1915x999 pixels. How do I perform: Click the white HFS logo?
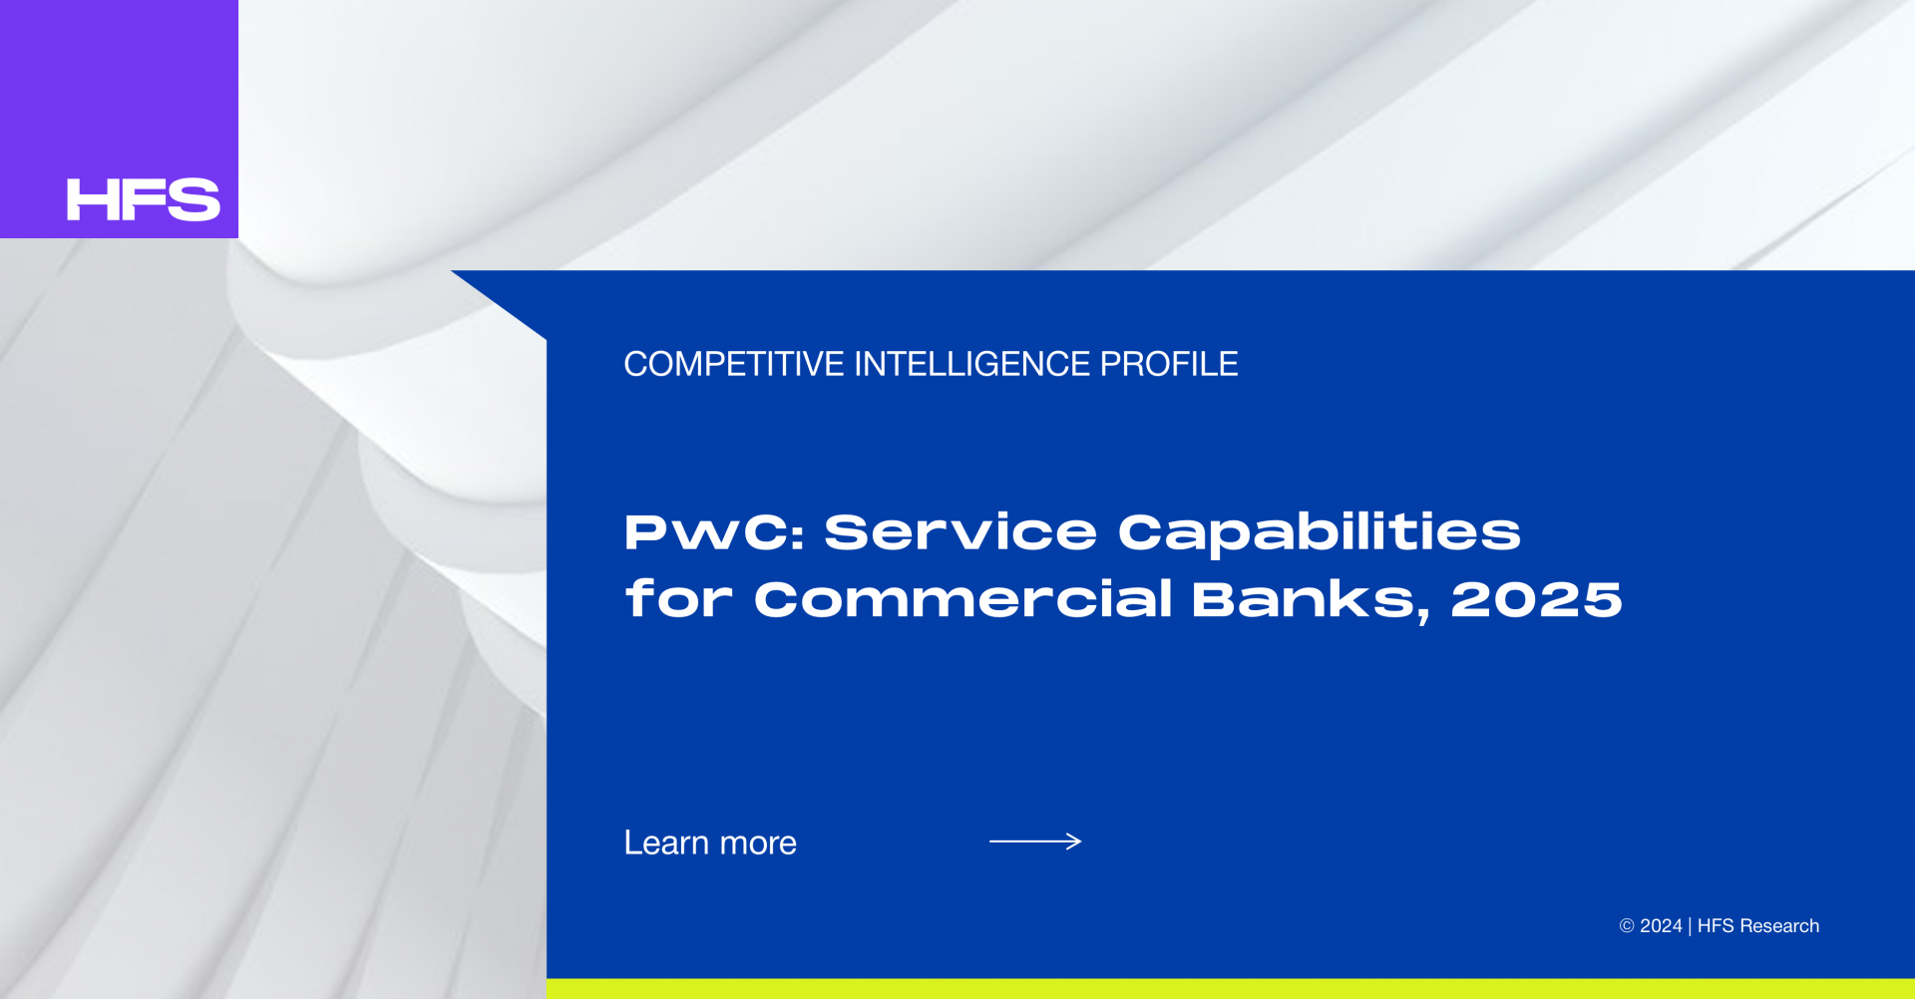pos(144,199)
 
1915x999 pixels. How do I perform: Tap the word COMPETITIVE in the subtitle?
pos(734,364)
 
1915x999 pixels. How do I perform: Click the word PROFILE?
pos(1169,364)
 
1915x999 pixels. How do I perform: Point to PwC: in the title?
pos(714,531)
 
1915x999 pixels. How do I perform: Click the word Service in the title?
pos(960,531)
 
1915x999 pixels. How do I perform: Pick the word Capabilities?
pos(1320,533)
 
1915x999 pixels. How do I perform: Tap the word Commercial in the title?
pos(962,598)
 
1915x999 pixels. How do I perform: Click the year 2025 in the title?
pos(1537,599)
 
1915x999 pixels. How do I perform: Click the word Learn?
pos(666,842)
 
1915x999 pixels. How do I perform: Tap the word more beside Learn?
pos(758,844)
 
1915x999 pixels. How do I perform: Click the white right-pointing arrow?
pos(1035,841)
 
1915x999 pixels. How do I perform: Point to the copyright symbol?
pos(1627,926)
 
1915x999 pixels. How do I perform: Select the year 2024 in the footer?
pos(1661,926)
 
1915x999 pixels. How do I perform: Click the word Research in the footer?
pos(1779,926)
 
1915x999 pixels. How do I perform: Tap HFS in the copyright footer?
pos(1716,926)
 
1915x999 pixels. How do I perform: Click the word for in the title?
pos(678,598)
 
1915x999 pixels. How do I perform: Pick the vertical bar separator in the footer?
pos(1690,926)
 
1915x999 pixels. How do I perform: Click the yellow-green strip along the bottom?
pos(1231,989)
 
